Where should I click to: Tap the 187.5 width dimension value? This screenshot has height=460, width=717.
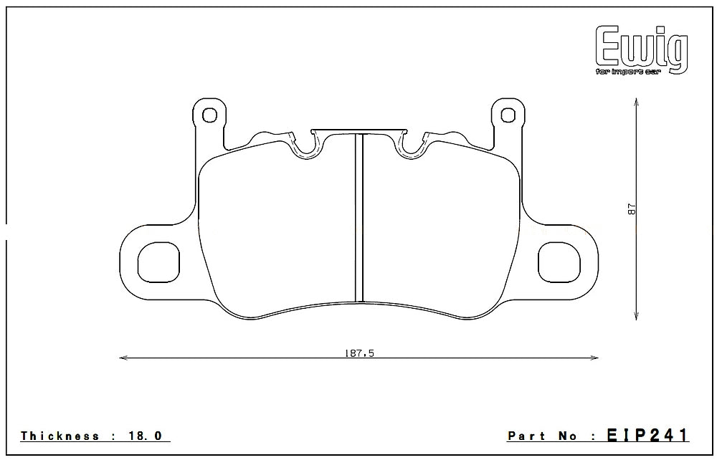359,351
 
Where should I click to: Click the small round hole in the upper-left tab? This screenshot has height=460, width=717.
209,114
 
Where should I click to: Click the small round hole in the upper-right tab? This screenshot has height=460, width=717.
508,114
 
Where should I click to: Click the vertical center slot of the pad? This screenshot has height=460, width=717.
360,219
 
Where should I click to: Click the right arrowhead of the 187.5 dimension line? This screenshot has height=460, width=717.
594,358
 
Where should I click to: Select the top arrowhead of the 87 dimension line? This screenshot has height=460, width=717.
636,104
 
